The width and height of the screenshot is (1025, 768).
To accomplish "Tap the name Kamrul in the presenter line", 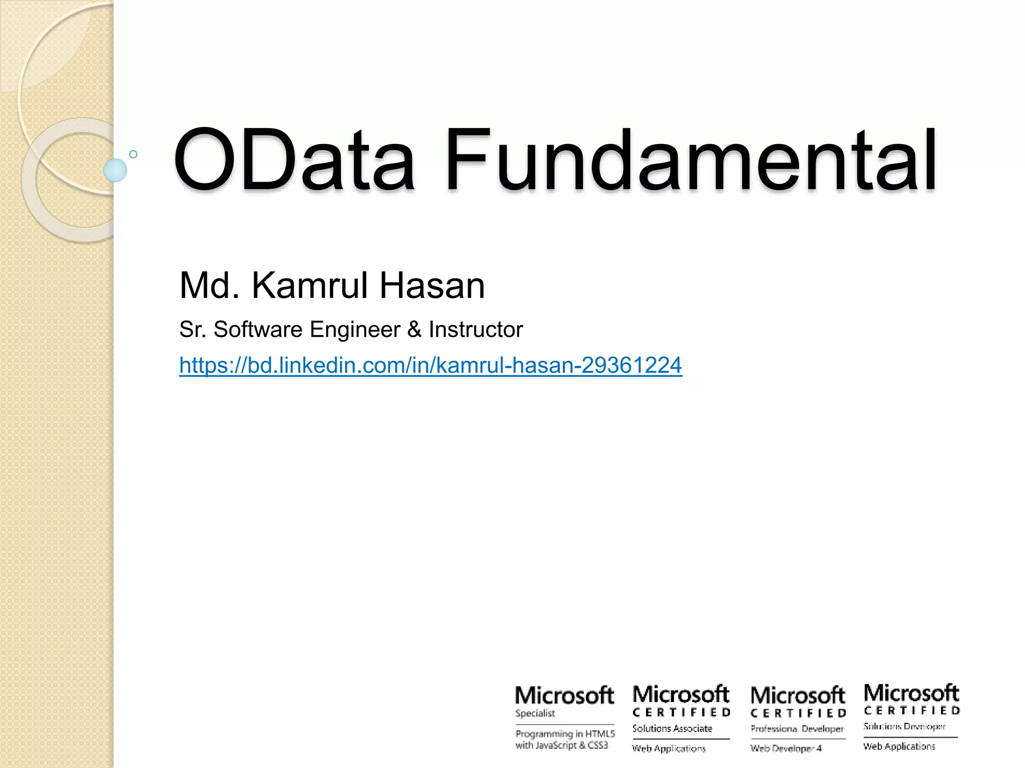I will point(310,286).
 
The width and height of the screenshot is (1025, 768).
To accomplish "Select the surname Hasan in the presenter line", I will point(432,286).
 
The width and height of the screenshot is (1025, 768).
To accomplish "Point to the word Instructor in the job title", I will point(475,329).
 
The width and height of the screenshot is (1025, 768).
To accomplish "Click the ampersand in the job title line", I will point(414,329).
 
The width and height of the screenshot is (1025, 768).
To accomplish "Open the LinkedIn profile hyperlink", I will point(430,365).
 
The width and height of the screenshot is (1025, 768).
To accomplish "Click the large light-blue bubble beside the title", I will point(115,170).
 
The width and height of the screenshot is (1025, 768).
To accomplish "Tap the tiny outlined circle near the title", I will point(133,154).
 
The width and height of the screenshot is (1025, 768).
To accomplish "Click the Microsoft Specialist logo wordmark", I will point(564,695).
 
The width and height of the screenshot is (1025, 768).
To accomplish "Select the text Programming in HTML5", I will point(565,733).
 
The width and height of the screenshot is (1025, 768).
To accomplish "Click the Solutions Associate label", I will point(672,728).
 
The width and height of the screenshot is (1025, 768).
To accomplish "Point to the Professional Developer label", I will point(797,728).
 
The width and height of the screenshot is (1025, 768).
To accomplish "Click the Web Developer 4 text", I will point(786,748).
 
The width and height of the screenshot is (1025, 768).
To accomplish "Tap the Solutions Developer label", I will point(904,726).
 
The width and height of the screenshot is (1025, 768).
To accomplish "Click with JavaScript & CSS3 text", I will point(562,745).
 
